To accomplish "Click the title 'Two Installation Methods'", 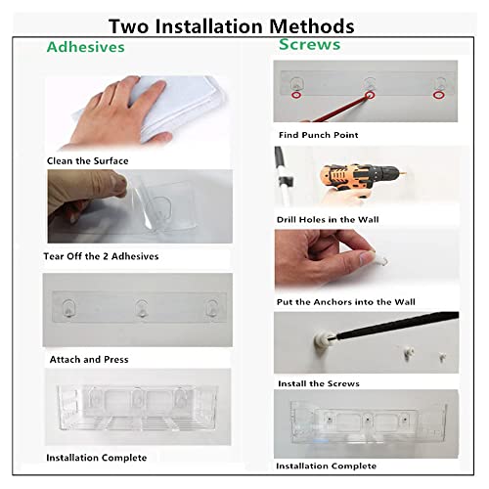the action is [232, 26].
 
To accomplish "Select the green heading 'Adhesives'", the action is [86, 47].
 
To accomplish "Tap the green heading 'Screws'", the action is [310, 44].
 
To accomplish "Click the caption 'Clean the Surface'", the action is [88, 160].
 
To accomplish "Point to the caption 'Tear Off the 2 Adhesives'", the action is [101, 256].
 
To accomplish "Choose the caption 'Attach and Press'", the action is [89, 359].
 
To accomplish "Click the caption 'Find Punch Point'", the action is [319, 135].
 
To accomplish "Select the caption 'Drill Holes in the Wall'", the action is [328, 219].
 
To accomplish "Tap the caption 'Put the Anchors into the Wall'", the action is [346, 302].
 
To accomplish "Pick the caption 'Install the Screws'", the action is [319, 383].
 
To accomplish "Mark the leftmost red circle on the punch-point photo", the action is [296, 95].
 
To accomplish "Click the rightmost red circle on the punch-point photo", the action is [438, 95].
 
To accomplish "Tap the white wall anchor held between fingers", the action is [378, 259].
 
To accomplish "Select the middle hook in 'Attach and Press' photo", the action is [142, 308].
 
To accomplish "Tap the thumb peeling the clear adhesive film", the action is [118, 185].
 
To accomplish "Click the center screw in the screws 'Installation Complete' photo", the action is [368, 420].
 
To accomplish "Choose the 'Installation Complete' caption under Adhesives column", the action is [97, 458].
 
